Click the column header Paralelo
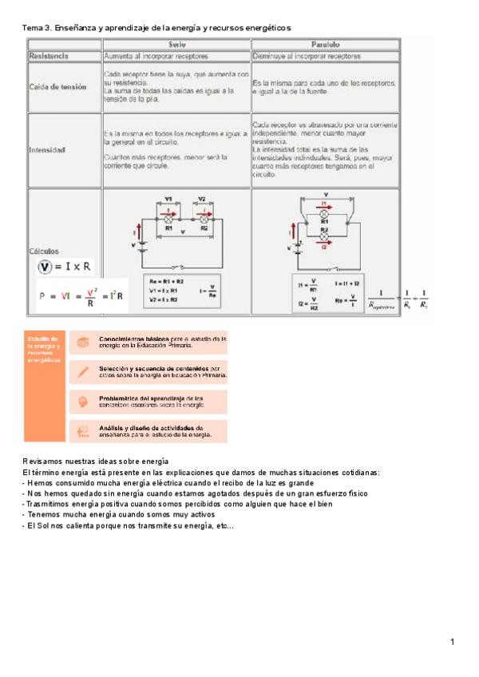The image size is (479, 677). (x=325, y=45)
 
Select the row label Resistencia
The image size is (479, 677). (x=49, y=57)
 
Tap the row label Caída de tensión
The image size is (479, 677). (x=55, y=87)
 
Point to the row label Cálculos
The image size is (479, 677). (x=43, y=251)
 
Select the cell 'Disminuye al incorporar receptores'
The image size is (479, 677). (x=306, y=57)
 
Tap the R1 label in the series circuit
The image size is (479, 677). (x=169, y=228)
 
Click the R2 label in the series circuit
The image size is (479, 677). (x=204, y=228)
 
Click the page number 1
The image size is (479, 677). (x=452, y=642)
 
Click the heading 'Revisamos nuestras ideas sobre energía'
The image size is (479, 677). (x=95, y=461)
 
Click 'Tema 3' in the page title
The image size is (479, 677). (x=36, y=28)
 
